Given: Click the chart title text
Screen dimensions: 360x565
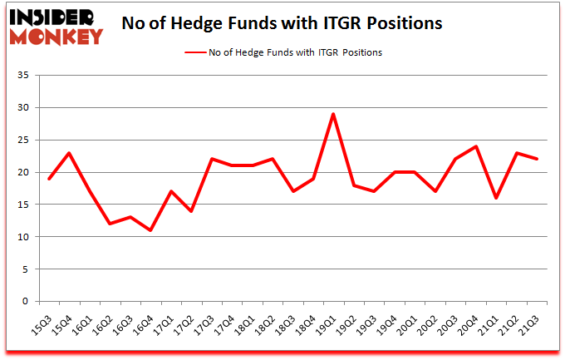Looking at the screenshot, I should click(282, 24).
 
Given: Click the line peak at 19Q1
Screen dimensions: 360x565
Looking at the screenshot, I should click(333, 114).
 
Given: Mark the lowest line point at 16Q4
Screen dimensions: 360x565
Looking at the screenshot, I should click(150, 230).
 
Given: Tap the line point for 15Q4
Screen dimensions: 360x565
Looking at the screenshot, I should click(69, 153).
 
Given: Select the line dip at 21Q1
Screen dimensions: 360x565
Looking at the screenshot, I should click(496, 198).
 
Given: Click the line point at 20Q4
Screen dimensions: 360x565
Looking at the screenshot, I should click(476, 146).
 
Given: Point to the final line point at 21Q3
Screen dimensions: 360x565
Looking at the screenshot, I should click(537, 160).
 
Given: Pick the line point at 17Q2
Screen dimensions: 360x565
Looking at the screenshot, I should click(191, 211).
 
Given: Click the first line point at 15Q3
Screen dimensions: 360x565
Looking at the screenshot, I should click(48, 179).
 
